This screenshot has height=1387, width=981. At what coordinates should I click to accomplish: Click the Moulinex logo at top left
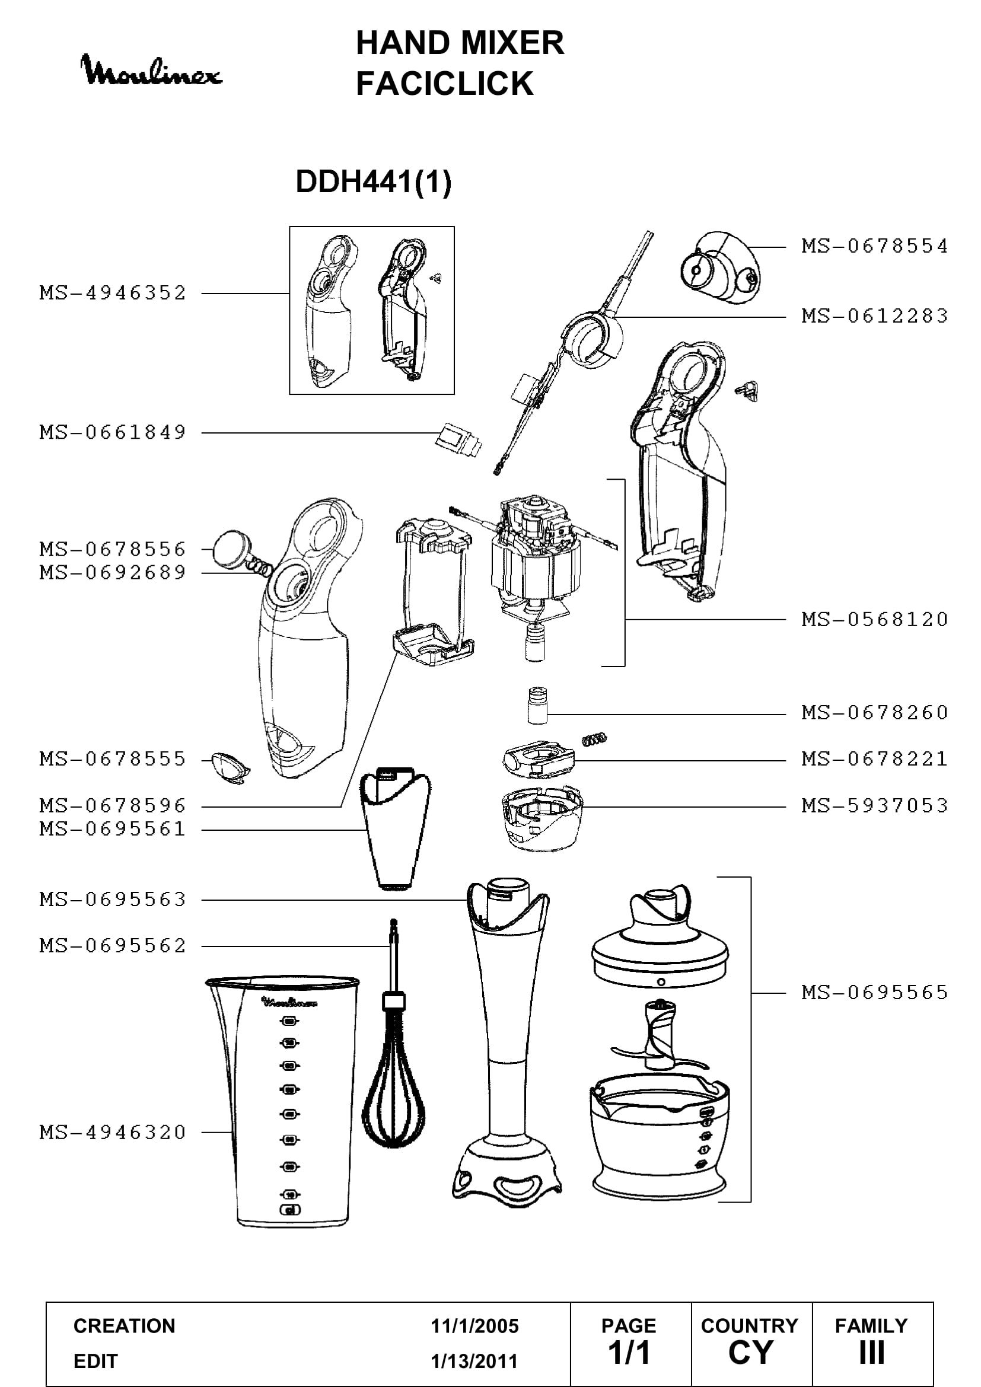(151, 70)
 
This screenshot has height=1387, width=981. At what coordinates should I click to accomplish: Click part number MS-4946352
(113, 293)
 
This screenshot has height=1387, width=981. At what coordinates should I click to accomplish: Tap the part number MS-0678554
(875, 246)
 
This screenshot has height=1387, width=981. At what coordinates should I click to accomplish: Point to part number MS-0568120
(875, 619)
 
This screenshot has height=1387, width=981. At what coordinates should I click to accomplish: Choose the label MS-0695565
(875, 992)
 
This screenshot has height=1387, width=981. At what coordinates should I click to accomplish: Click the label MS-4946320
(113, 1132)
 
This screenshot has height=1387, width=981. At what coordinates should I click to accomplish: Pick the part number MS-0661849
(113, 432)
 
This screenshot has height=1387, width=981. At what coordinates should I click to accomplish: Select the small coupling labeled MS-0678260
(537, 704)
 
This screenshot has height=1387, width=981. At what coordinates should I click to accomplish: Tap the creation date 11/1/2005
(474, 1326)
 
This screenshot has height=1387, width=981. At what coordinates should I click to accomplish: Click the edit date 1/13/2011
(474, 1361)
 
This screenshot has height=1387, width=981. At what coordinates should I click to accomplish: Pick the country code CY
(750, 1352)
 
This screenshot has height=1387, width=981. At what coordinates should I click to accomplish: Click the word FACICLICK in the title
(445, 84)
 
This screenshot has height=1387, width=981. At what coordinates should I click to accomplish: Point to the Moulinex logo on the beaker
(289, 1002)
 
